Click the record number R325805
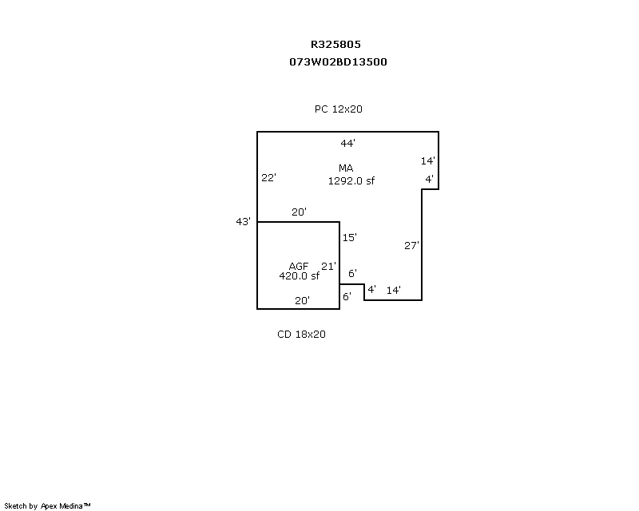click(x=335, y=44)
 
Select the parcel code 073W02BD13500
click(x=338, y=62)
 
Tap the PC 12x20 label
click(x=338, y=109)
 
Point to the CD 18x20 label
click(x=301, y=335)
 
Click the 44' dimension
click(x=347, y=143)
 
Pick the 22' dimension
click(x=268, y=178)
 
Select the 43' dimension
click(x=244, y=221)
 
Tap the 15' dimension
click(x=350, y=237)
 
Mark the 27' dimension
click(x=411, y=245)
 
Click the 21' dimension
click(x=328, y=267)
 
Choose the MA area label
click(x=346, y=168)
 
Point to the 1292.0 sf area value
click(x=351, y=181)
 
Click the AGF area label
click(x=299, y=266)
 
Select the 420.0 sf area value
click(x=299, y=276)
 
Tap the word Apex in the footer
click(x=49, y=506)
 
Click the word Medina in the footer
click(x=71, y=506)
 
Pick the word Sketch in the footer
click(x=15, y=506)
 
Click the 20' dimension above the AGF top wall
click(x=299, y=212)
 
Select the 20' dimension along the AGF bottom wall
click(x=303, y=301)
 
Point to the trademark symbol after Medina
click(x=87, y=505)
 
